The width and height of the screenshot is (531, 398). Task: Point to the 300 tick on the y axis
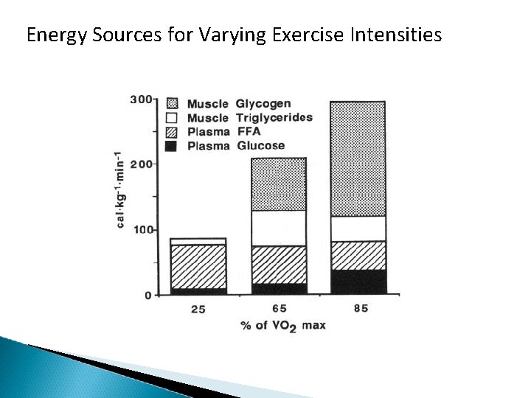(142, 99)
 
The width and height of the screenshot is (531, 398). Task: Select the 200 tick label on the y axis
(142, 164)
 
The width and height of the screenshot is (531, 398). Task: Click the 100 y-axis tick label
(142, 230)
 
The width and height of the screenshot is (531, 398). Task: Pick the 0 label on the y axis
(148, 296)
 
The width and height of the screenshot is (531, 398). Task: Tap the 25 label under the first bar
(198, 310)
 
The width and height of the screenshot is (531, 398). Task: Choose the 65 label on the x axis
(280, 309)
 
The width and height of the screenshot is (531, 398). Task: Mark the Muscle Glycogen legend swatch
(172, 103)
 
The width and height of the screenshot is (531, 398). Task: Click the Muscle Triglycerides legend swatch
(172, 117)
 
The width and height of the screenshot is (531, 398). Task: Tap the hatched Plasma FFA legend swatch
(172, 131)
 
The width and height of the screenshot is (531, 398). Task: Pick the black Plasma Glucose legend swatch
(172, 145)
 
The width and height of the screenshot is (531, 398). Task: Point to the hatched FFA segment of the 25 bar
(198, 266)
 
